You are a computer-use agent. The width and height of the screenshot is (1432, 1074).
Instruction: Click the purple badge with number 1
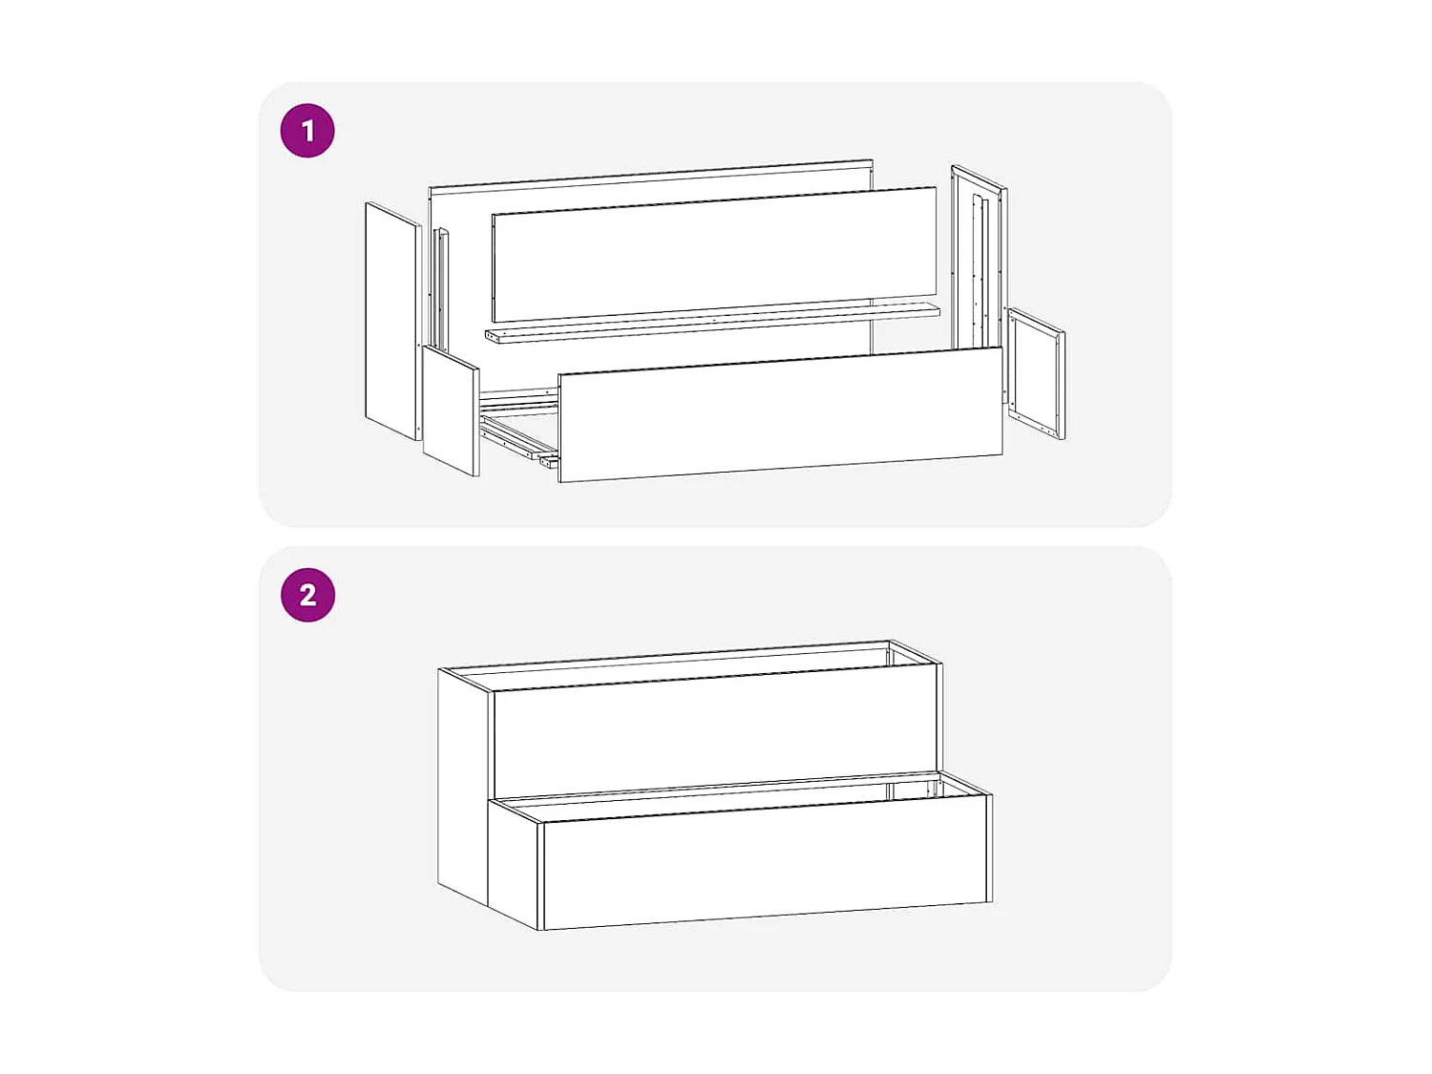tap(307, 131)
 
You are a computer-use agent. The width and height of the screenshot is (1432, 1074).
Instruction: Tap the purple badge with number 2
tap(307, 595)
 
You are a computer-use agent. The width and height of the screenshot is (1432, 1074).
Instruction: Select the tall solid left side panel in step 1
tap(392, 320)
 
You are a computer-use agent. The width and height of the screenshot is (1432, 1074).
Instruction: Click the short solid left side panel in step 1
tap(450, 411)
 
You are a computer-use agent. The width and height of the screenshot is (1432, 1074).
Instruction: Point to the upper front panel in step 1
tap(713, 254)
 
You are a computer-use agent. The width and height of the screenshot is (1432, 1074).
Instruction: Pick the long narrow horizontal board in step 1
tap(711, 323)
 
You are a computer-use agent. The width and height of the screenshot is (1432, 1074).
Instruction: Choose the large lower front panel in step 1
tap(780, 414)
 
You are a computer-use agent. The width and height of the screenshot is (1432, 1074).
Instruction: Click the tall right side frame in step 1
tap(979, 258)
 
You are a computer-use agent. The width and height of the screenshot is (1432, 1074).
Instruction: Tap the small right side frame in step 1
tap(1036, 373)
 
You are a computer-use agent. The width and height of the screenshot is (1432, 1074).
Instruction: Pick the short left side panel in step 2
tap(514, 864)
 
